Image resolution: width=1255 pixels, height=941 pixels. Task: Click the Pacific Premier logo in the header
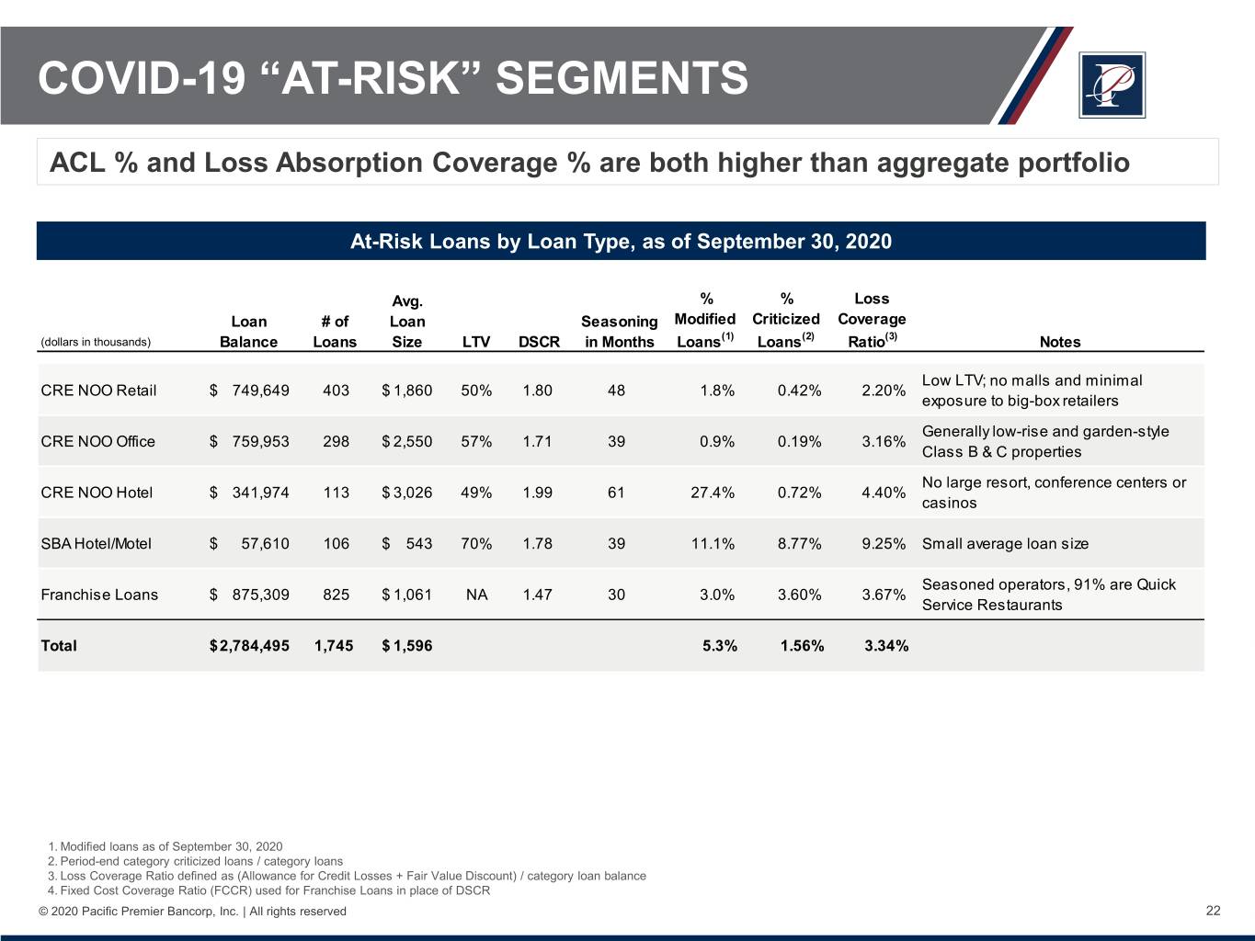(x=1112, y=85)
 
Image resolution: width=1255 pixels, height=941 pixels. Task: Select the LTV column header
(x=475, y=342)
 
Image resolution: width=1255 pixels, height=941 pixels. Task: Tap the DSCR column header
(x=539, y=342)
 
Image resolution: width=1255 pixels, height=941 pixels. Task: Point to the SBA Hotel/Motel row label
(x=96, y=544)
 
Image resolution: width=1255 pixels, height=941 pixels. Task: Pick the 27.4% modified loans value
(x=713, y=493)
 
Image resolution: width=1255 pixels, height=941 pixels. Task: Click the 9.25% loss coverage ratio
(x=884, y=544)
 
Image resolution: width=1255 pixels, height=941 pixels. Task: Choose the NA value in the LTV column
(x=476, y=595)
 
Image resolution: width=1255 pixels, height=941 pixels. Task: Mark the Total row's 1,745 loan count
(x=335, y=646)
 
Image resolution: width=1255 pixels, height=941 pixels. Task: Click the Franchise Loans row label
(x=99, y=595)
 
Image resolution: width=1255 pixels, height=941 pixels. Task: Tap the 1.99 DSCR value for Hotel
(x=538, y=493)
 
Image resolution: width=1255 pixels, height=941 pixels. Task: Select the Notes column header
(x=1059, y=342)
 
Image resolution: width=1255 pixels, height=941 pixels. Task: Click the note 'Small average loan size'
(x=1005, y=544)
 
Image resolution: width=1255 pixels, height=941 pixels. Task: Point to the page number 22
(x=1213, y=911)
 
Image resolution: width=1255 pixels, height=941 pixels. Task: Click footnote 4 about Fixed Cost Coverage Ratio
(x=268, y=890)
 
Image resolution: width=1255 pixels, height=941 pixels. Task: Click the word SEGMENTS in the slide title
(x=622, y=78)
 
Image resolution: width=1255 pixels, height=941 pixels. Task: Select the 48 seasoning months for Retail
(x=616, y=391)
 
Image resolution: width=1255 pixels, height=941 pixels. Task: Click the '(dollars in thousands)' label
(x=96, y=342)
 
